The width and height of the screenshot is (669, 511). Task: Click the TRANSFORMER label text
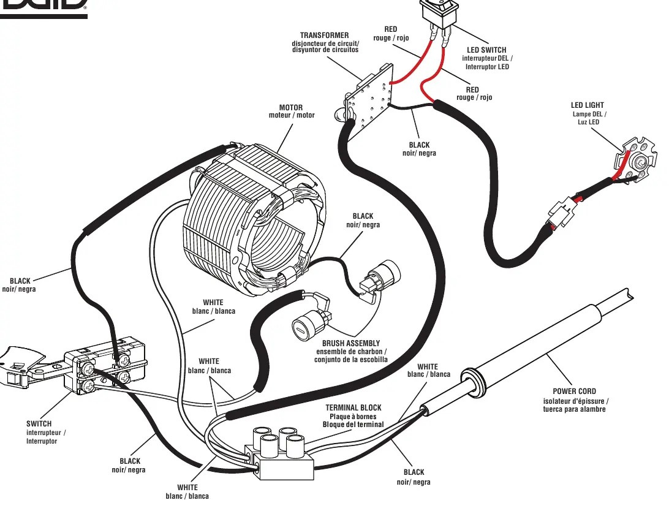click(x=324, y=36)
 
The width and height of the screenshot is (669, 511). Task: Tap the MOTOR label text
click(x=291, y=107)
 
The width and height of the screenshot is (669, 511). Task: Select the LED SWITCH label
click(x=486, y=50)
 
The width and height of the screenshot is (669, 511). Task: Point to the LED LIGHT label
click(x=588, y=105)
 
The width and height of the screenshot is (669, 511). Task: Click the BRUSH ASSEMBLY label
click(x=350, y=343)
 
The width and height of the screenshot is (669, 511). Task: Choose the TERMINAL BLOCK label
click(x=353, y=408)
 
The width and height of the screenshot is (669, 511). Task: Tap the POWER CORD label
click(x=574, y=391)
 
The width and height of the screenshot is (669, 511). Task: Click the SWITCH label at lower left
click(x=39, y=423)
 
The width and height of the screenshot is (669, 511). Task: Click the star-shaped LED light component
click(x=633, y=160)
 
